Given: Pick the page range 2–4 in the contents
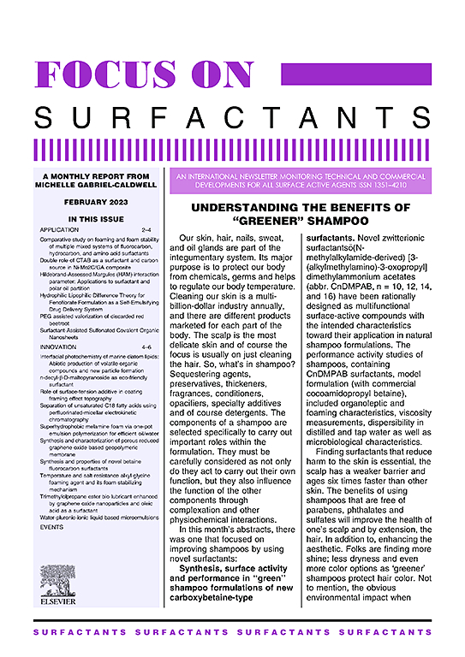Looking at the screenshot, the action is coord(146,231).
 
